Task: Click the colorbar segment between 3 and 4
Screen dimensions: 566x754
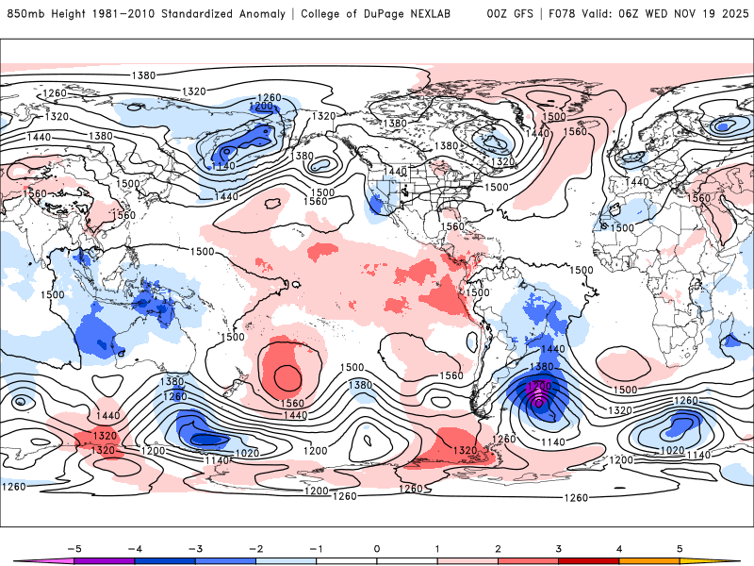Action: (x=588, y=560)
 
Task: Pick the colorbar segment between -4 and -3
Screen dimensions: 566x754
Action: (x=164, y=560)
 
